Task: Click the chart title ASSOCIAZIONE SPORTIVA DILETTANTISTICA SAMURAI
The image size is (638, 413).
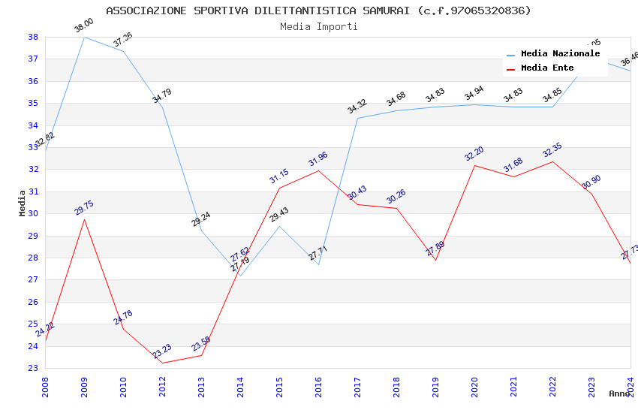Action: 318,11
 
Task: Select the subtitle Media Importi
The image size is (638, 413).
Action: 318,26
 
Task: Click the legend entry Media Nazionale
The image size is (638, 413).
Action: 560,54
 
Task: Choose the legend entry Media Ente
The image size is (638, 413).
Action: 547,68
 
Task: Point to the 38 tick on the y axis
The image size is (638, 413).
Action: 33,37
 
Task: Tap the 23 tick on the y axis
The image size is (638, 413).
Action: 33,368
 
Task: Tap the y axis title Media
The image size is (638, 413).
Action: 23,203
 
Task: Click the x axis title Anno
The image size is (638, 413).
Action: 619,393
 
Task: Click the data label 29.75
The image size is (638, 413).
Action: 84,208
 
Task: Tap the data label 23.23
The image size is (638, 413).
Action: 162,351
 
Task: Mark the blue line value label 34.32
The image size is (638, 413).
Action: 357,107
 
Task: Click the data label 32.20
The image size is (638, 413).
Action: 474,154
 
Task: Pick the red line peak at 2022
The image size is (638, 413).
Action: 552,161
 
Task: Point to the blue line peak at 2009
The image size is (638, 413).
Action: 84,37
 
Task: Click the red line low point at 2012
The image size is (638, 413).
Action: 162,363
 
